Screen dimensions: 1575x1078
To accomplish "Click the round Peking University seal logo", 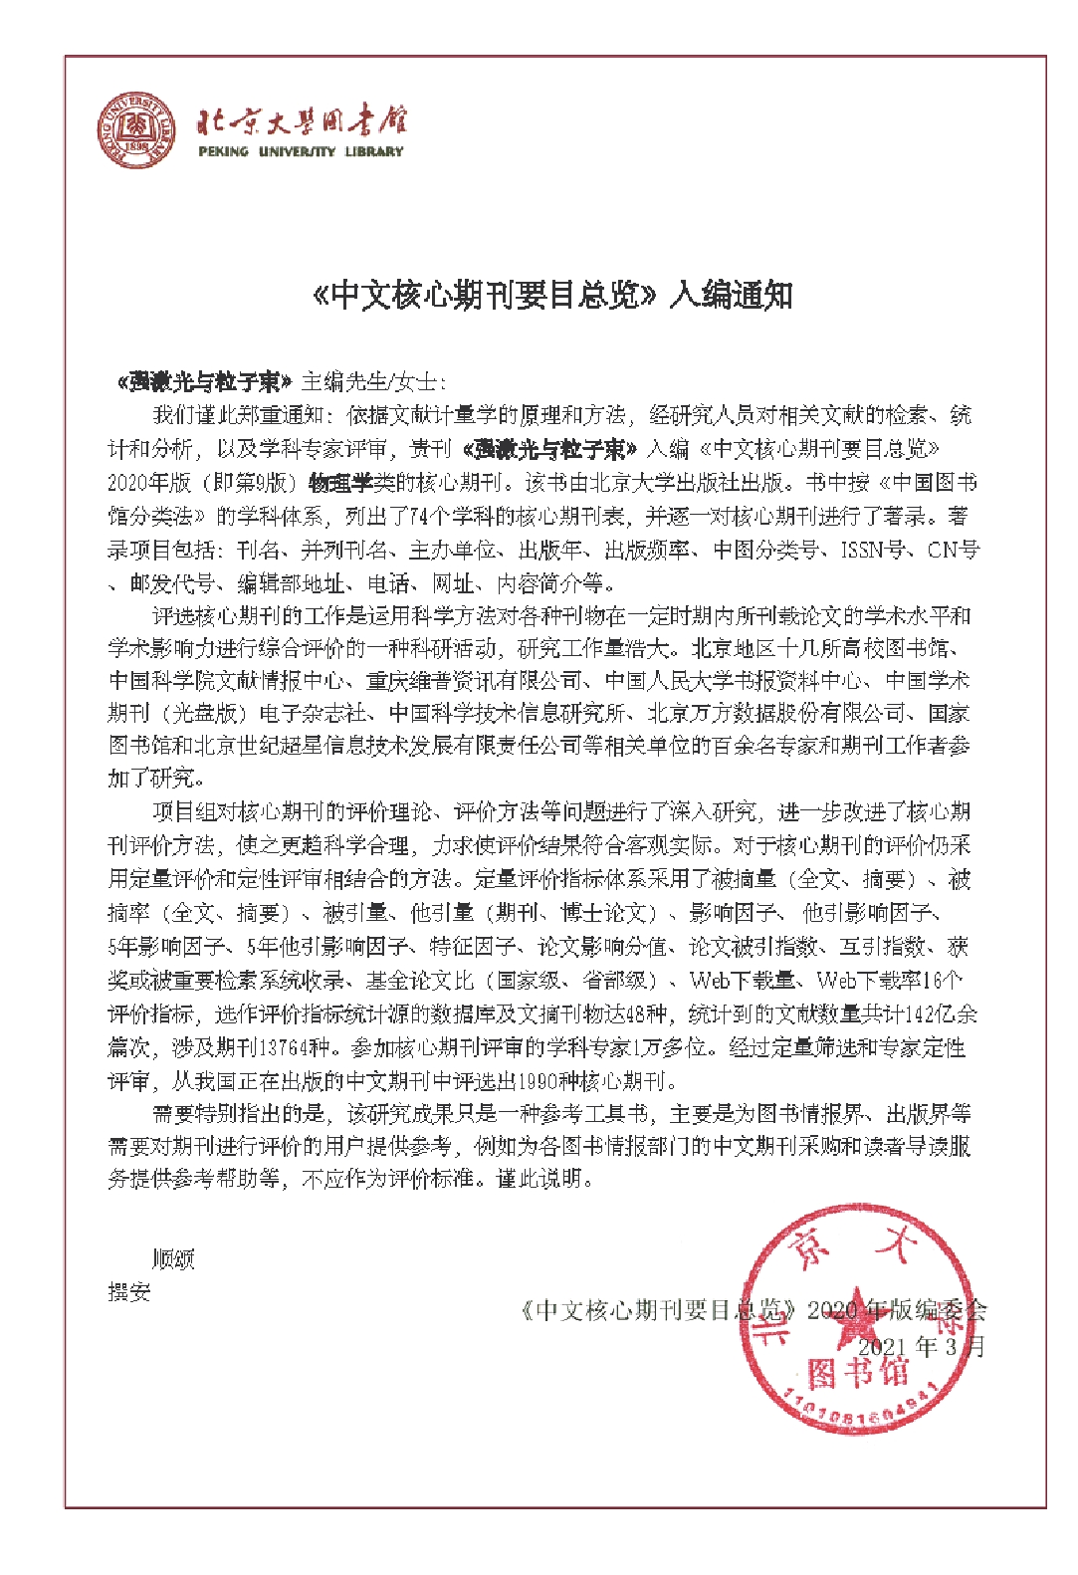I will [x=136, y=130].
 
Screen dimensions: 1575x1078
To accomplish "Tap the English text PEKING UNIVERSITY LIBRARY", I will [x=301, y=152].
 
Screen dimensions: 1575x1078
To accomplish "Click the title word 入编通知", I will [x=731, y=295].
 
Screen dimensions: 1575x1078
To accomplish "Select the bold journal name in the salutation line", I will [x=204, y=382].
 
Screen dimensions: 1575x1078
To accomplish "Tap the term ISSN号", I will [x=873, y=550].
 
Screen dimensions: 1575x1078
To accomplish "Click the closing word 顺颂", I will [x=173, y=1259].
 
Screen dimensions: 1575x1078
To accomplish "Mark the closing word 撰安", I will [x=129, y=1292].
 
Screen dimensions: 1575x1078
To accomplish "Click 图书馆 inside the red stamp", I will [x=858, y=1372].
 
